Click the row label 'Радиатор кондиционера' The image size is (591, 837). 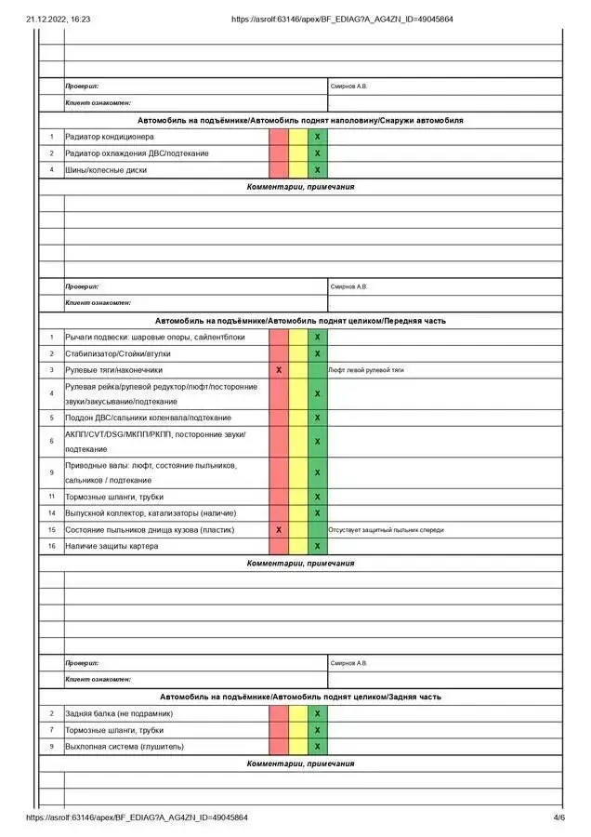click(x=115, y=137)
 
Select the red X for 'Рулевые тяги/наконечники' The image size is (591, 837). click(x=279, y=370)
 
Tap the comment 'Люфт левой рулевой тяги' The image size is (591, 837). click(x=366, y=370)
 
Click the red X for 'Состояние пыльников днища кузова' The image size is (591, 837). click(x=279, y=530)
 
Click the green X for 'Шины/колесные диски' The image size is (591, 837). click(x=317, y=170)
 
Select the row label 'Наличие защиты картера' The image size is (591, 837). click(x=111, y=547)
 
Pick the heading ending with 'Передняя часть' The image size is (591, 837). click(x=300, y=321)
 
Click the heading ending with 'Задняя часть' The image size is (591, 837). click(x=300, y=697)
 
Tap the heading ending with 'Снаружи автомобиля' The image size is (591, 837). click(x=300, y=121)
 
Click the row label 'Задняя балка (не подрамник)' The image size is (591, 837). click(x=119, y=713)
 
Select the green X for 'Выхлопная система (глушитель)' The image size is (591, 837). click(x=317, y=746)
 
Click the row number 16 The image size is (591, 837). click(x=52, y=547)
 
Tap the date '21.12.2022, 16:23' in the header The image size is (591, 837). click(x=58, y=19)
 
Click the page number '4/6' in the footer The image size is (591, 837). click(x=558, y=817)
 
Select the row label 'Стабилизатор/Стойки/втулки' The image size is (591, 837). click(x=117, y=353)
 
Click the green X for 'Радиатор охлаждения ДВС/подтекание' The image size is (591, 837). click(x=317, y=153)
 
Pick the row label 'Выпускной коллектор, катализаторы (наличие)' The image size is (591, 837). click(x=150, y=513)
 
